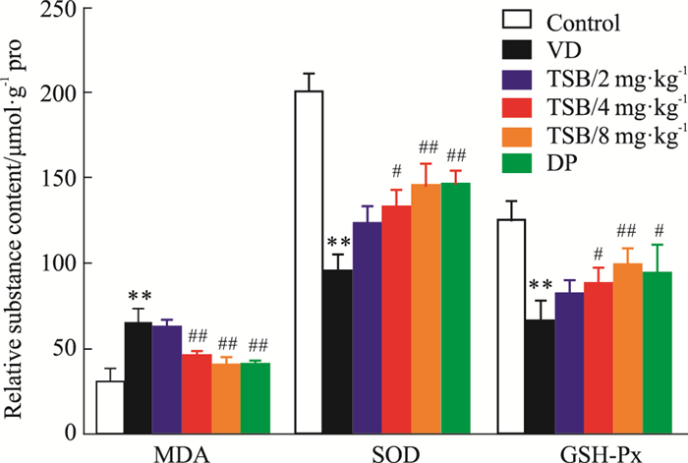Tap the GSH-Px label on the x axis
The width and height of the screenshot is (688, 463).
[600, 453]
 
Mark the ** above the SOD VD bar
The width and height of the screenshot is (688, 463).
[339, 245]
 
